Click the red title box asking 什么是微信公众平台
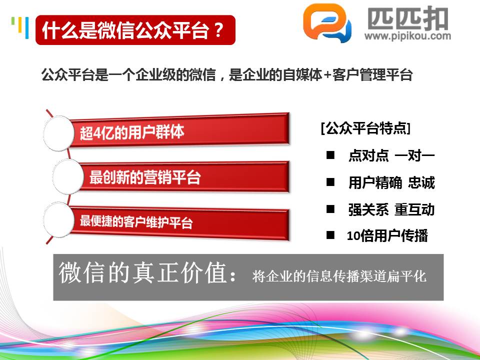tap(135, 30)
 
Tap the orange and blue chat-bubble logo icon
tap(327, 23)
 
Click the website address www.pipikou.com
tap(407, 36)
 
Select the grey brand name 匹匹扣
tap(407, 18)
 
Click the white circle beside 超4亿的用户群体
tap(59, 133)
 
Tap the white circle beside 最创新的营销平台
tap(68, 176)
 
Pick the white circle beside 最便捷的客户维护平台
tap(59, 220)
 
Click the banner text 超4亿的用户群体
tap(132, 132)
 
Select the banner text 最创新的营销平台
tap(145, 177)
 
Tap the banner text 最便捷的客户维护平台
tap(136, 221)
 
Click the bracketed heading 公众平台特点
tap(366, 128)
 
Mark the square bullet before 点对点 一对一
tap(330, 155)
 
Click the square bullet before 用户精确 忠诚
tap(330, 182)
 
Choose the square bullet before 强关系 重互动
tap(330, 209)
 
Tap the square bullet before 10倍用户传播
tap(330, 235)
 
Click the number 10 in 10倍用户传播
tap(353, 236)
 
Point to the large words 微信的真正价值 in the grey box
tap(143, 272)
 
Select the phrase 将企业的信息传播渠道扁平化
tap(339, 276)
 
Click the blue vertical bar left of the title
tap(27, 28)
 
